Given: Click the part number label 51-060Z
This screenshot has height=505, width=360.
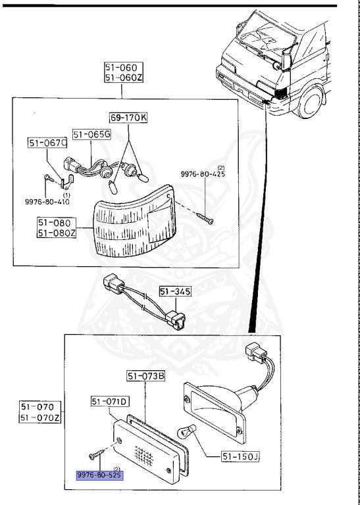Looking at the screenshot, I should [x=123, y=78].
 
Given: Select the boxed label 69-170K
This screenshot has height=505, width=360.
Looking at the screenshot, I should [x=129, y=118].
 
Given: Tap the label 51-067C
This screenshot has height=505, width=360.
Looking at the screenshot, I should [x=47, y=143].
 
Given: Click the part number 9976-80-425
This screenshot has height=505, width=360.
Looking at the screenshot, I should [x=203, y=175].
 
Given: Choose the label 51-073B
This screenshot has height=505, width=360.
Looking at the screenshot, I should [x=145, y=376].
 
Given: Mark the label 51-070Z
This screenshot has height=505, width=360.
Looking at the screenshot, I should [x=41, y=418].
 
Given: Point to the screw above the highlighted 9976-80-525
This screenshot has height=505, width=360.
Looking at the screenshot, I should [x=95, y=454].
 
